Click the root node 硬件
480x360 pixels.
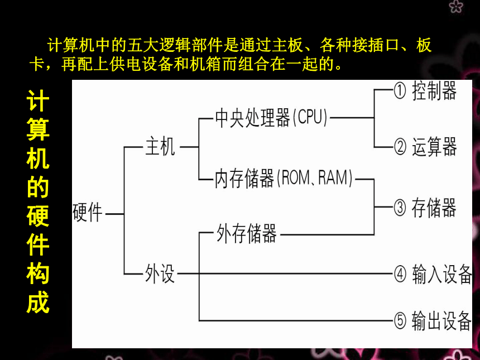[x=88, y=213]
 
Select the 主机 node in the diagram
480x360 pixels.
[x=160, y=147]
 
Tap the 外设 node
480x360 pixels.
[x=160, y=273]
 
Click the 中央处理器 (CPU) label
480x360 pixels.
[x=271, y=118]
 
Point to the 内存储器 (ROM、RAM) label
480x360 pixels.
[x=284, y=178]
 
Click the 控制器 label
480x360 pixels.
[x=434, y=90]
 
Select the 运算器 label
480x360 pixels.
[x=434, y=147]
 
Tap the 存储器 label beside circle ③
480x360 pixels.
[x=434, y=208]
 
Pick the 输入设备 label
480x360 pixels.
[x=441, y=274]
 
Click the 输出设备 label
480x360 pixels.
[x=441, y=320]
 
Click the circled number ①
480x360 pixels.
[x=400, y=91]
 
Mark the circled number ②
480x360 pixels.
[x=400, y=147]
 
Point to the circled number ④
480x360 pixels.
[x=400, y=274]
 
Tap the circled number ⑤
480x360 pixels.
[x=400, y=321]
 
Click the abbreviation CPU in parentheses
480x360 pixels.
[x=310, y=117]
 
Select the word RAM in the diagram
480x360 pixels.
[x=333, y=177]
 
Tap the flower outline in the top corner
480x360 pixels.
[x=456, y=7]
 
